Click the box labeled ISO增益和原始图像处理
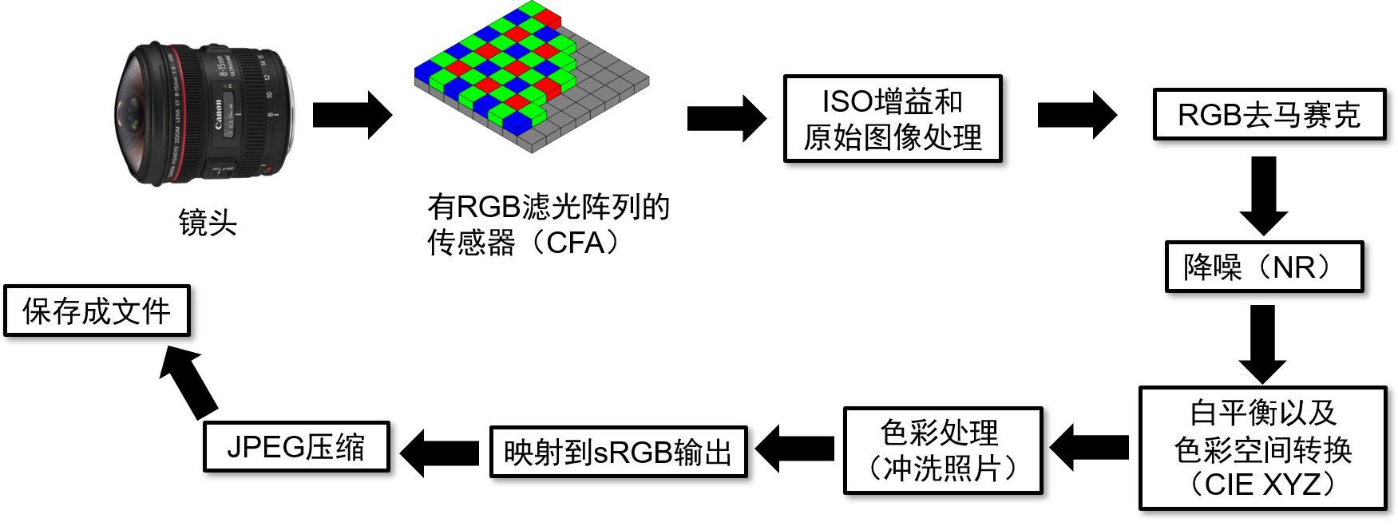892,119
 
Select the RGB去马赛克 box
1269,115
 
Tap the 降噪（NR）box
1263,267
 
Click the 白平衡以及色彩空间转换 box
1262,448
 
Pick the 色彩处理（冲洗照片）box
942,450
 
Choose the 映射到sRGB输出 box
618,453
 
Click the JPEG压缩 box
296,447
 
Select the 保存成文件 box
97,310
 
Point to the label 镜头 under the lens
208,223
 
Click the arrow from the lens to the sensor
351,115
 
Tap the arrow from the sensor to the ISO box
726,118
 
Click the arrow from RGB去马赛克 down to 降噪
1263,194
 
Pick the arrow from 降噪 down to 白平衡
1262,343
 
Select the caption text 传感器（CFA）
523,243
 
